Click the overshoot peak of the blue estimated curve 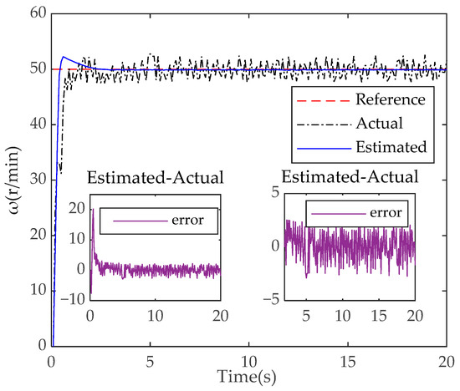pyautogui.click(x=64, y=58)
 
